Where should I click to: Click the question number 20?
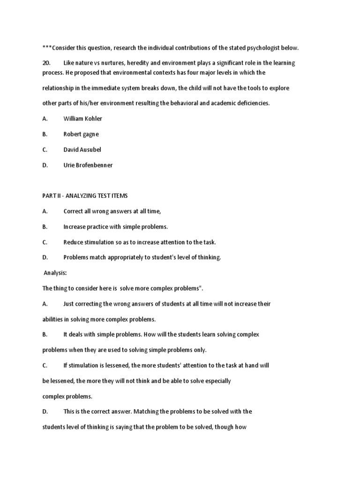(46, 63)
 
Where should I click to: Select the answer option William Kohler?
(82, 119)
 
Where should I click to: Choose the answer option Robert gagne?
(81, 134)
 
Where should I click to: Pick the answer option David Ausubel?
(82, 150)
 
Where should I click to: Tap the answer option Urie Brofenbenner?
(88, 165)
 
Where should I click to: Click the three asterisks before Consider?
(47, 48)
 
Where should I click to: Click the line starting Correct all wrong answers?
(112, 211)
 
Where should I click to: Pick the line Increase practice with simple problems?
(115, 226)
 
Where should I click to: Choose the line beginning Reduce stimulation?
(139, 242)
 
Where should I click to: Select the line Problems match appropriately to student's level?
(142, 257)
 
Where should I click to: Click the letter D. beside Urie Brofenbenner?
(45, 165)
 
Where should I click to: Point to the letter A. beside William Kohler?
(45, 119)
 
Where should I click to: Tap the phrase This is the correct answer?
(98, 412)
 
